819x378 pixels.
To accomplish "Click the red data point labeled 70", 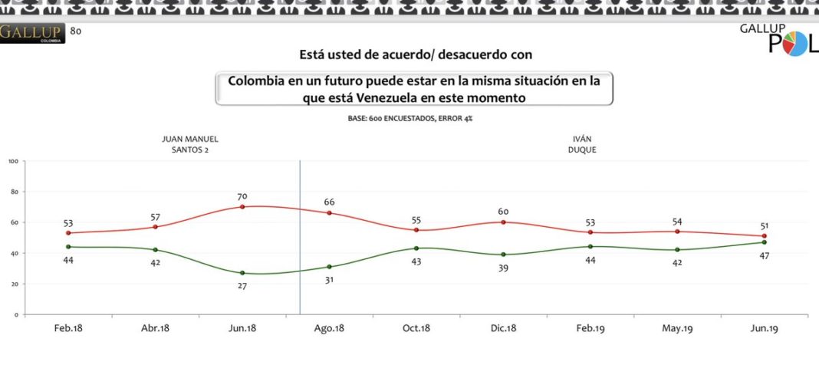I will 242,207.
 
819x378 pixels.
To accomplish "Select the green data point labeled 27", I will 242,273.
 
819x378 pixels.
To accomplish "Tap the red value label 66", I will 329,202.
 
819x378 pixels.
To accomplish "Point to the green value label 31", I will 329,279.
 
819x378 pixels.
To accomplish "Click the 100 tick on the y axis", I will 13,161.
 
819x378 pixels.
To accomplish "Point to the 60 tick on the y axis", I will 15,222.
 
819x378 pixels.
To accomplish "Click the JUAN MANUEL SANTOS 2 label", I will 190,144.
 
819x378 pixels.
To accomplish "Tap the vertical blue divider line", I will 300,238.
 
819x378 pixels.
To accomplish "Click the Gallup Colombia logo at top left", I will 32,34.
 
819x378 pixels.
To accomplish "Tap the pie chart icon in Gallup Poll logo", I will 797,45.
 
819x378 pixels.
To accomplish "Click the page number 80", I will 75,31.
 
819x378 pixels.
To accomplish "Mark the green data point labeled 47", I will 765,242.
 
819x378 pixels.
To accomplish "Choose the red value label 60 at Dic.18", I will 503,212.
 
